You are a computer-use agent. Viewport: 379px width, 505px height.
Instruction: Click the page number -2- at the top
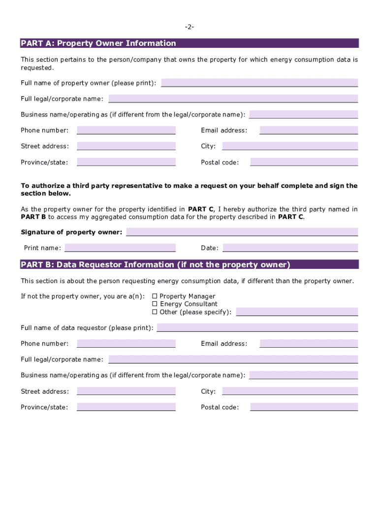(189, 27)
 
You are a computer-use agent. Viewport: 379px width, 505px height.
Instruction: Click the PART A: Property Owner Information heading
(98, 43)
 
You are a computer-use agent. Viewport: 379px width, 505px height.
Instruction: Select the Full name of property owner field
(259, 82)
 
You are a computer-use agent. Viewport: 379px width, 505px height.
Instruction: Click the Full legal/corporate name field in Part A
(233, 99)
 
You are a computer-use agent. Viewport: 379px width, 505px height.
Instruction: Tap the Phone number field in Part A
(126, 130)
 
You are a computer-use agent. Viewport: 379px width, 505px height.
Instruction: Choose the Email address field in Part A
(309, 130)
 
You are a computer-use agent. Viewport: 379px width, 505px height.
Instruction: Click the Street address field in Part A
(126, 146)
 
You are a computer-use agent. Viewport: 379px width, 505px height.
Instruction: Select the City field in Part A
(290, 146)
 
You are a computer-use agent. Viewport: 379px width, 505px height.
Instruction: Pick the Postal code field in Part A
(304, 162)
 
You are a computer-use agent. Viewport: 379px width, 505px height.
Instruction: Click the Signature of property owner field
(242, 232)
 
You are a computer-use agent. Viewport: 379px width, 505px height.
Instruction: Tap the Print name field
(120, 248)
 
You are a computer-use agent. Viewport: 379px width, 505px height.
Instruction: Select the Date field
(290, 248)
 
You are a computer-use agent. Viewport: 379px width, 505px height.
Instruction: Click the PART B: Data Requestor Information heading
(156, 265)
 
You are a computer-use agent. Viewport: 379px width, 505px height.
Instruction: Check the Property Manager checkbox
(155, 296)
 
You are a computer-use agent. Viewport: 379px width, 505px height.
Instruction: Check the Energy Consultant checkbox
(155, 304)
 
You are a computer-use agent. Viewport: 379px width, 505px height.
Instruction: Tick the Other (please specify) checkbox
(155, 312)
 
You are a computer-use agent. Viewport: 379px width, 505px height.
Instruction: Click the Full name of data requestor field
(257, 327)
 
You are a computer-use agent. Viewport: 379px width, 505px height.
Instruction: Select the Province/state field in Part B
(126, 407)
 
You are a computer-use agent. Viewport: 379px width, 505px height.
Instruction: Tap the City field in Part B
(290, 391)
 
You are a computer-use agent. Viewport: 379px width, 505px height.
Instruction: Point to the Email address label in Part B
(224, 344)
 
